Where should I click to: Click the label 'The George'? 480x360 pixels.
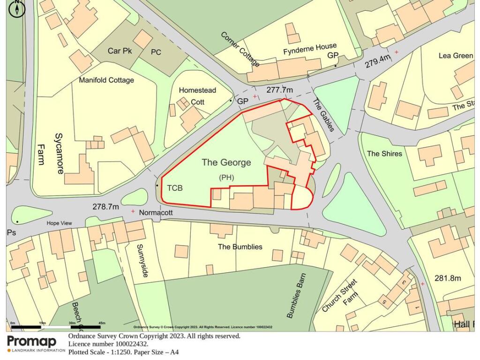click(226, 163)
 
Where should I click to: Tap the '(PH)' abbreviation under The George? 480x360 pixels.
click(226, 177)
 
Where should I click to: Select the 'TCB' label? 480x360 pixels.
click(174, 188)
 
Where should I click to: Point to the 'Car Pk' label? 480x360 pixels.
click(120, 51)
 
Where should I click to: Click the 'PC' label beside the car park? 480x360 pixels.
click(156, 52)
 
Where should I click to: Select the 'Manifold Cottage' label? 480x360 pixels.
click(106, 80)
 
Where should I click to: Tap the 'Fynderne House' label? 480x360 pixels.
click(310, 46)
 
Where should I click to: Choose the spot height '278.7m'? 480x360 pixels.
click(105, 206)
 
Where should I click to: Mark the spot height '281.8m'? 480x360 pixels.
click(448, 278)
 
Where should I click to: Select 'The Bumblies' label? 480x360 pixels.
click(240, 247)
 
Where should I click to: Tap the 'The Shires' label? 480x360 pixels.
click(384, 153)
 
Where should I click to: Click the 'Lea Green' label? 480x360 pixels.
click(456, 55)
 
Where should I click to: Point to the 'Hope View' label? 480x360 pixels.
click(59, 223)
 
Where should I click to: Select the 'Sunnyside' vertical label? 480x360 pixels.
click(142, 260)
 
